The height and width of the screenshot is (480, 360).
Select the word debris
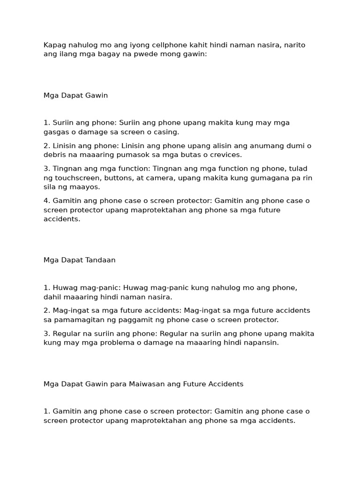click(x=54, y=155)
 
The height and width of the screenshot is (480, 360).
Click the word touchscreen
click(x=76, y=178)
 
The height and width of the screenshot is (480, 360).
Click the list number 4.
click(x=46, y=201)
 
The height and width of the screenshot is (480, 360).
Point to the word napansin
click(x=262, y=343)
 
